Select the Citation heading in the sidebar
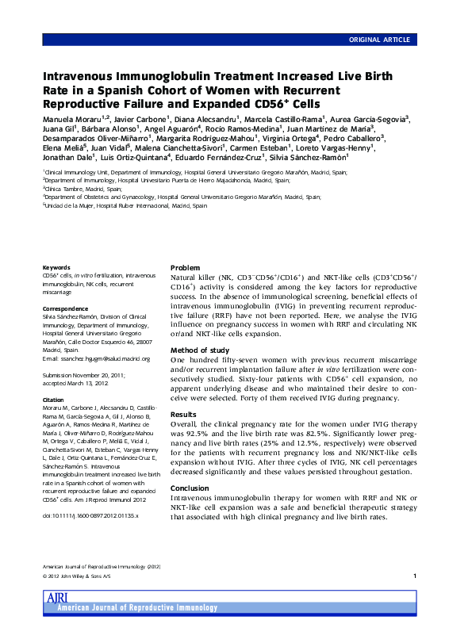coord(55,400)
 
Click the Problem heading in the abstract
coord(186,268)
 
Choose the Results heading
coord(184,414)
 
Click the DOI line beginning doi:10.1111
coord(90,515)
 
